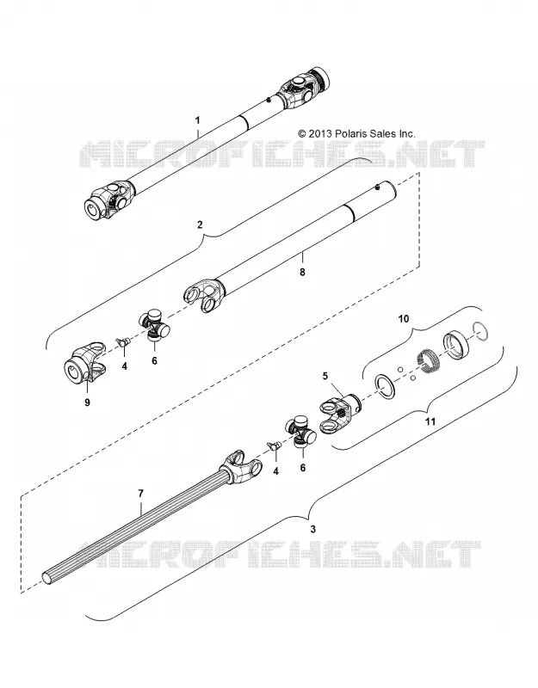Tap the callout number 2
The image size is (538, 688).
coord(201,225)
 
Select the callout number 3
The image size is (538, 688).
coord(312,529)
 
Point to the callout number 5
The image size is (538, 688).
coord(325,376)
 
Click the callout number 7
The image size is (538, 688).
coord(140,494)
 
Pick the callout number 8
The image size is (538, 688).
coord(302,272)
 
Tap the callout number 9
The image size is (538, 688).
coord(87,402)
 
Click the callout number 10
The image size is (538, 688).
coord(403,318)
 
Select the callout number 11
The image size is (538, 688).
coord(430,421)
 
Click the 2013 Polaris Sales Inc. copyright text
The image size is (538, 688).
coord(356,133)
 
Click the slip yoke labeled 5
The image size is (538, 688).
coord(340,413)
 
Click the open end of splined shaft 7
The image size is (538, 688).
coord(49,577)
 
